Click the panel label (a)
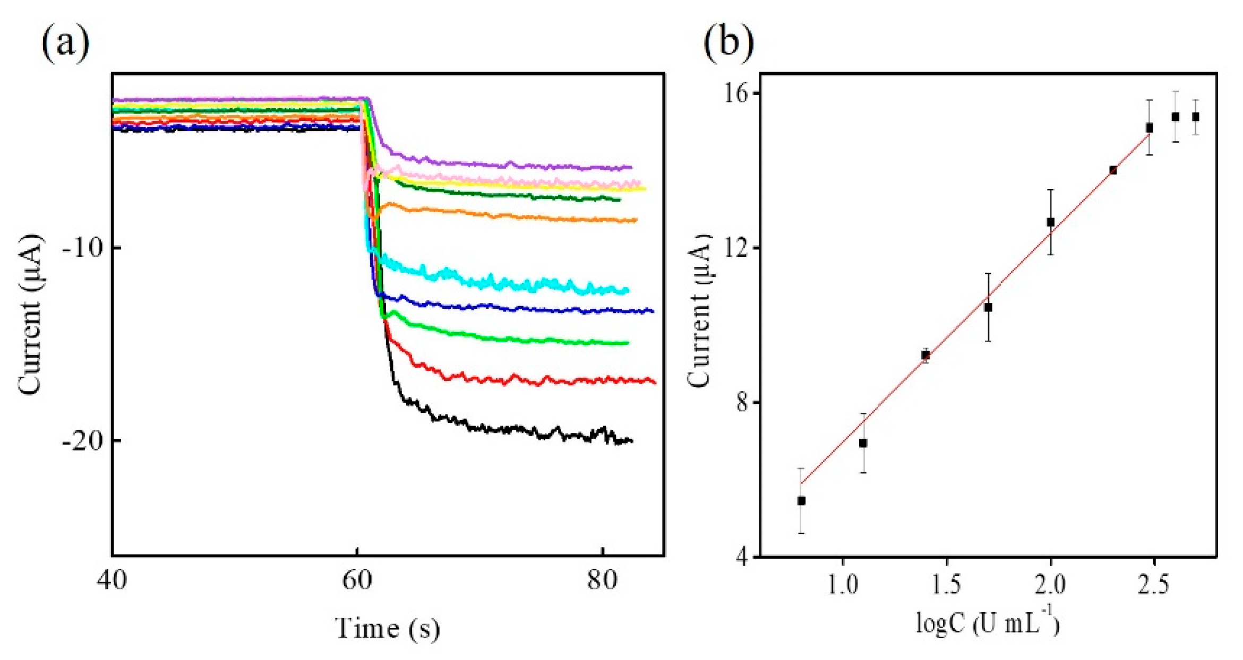point(65,44)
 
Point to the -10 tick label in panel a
point(83,248)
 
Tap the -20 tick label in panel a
point(83,440)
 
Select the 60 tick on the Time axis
point(357,580)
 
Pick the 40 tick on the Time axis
point(112,580)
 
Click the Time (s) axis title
point(388,629)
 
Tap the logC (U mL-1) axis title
point(988,622)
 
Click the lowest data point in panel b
point(801,501)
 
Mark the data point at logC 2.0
point(1050,222)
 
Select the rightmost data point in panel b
point(1195,117)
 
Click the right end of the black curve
point(631,440)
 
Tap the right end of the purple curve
point(631,167)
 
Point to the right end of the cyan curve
point(627,290)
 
